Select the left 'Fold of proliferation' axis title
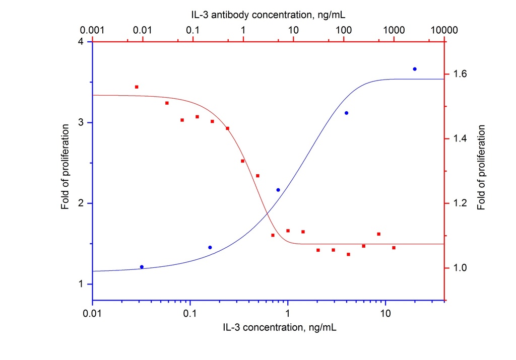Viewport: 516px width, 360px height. (x=65, y=171)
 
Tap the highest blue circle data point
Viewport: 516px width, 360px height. (x=415, y=69)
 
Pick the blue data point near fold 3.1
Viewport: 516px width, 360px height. (x=346, y=113)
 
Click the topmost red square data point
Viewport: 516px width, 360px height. (x=137, y=87)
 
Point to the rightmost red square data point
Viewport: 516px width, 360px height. (x=394, y=248)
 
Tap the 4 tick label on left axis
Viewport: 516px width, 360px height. (x=81, y=42)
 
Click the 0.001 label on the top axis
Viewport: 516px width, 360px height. (x=93, y=30)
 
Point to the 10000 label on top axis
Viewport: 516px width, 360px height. (x=444, y=30)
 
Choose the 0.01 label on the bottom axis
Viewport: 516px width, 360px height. (x=93, y=314)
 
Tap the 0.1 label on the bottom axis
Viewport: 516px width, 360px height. (x=190, y=314)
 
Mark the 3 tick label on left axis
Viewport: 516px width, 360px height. (x=81, y=123)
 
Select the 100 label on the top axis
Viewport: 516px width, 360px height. (x=343, y=30)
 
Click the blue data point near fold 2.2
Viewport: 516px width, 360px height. (x=278, y=190)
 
